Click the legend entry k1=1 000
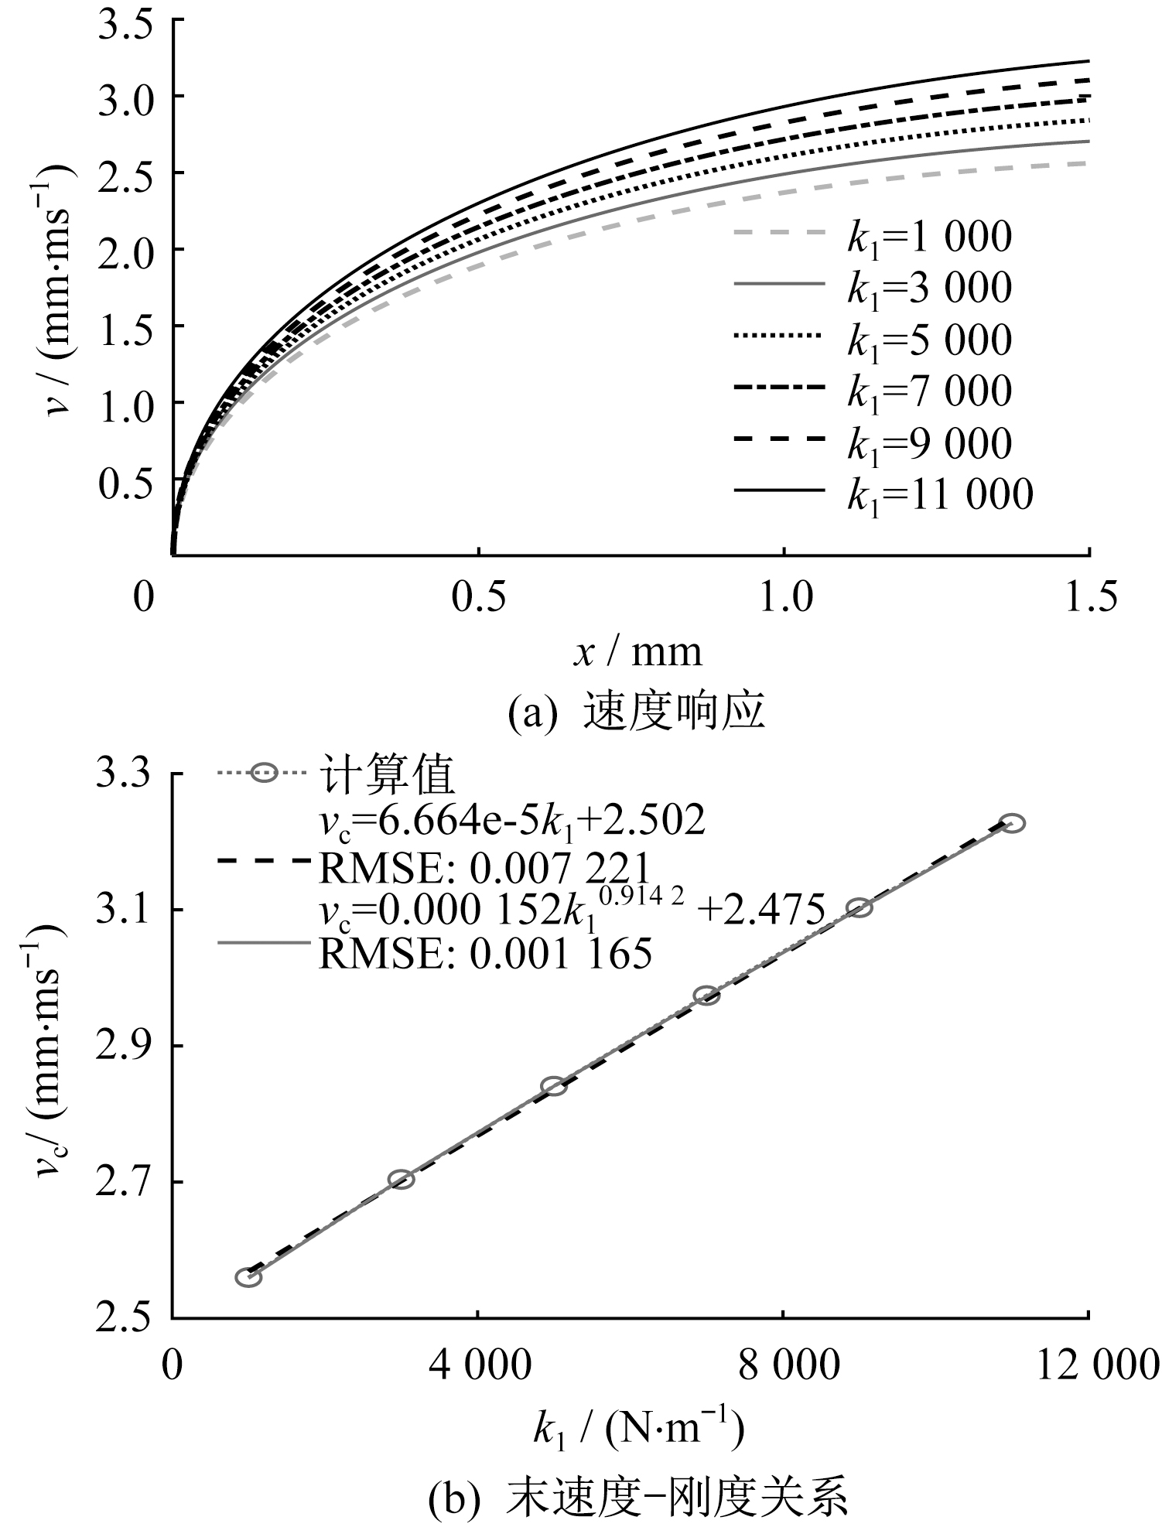(929, 237)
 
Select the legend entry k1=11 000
(940, 495)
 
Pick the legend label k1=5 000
(929, 341)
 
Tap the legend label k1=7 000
(929, 391)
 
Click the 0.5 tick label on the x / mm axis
(479, 598)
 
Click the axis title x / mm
(637, 652)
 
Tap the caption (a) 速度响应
(636, 712)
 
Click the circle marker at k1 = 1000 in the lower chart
(248, 1276)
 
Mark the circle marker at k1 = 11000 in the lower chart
(1012, 823)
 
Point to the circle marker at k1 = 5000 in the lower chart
(554, 1086)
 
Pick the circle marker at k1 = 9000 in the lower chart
(860, 907)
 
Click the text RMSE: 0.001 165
(486, 955)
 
